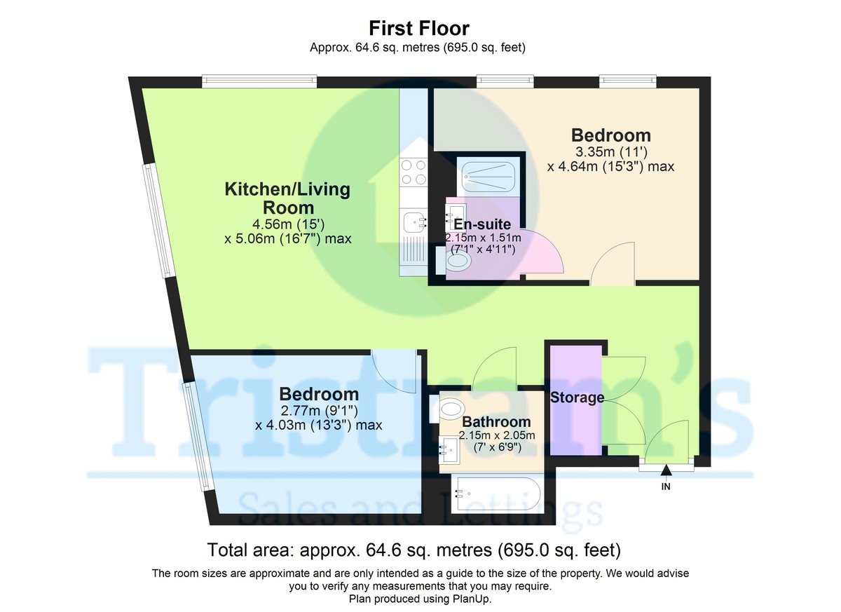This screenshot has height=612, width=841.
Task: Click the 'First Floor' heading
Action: tap(419, 28)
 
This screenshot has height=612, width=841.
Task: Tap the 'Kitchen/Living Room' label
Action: tap(287, 198)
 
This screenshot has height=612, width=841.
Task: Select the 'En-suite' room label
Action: tap(482, 224)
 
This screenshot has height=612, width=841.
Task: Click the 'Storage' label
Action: tap(577, 397)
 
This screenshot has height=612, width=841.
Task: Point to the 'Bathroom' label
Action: tap(496, 421)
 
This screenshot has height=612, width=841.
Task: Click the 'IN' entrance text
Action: tap(666, 487)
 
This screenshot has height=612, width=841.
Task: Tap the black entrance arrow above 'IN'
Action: tap(666, 470)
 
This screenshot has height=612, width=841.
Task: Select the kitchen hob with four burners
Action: tap(413, 172)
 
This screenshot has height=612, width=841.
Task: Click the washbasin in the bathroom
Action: tap(449, 449)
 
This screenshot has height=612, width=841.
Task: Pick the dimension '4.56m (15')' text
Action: tap(288, 224)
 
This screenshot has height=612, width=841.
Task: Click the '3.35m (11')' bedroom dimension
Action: tap(611, 152)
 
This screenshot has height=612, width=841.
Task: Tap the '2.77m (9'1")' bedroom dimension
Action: tap(319, 410)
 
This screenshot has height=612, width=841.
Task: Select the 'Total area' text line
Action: tap(413, 550)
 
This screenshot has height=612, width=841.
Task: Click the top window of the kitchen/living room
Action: tap(259, 81)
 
